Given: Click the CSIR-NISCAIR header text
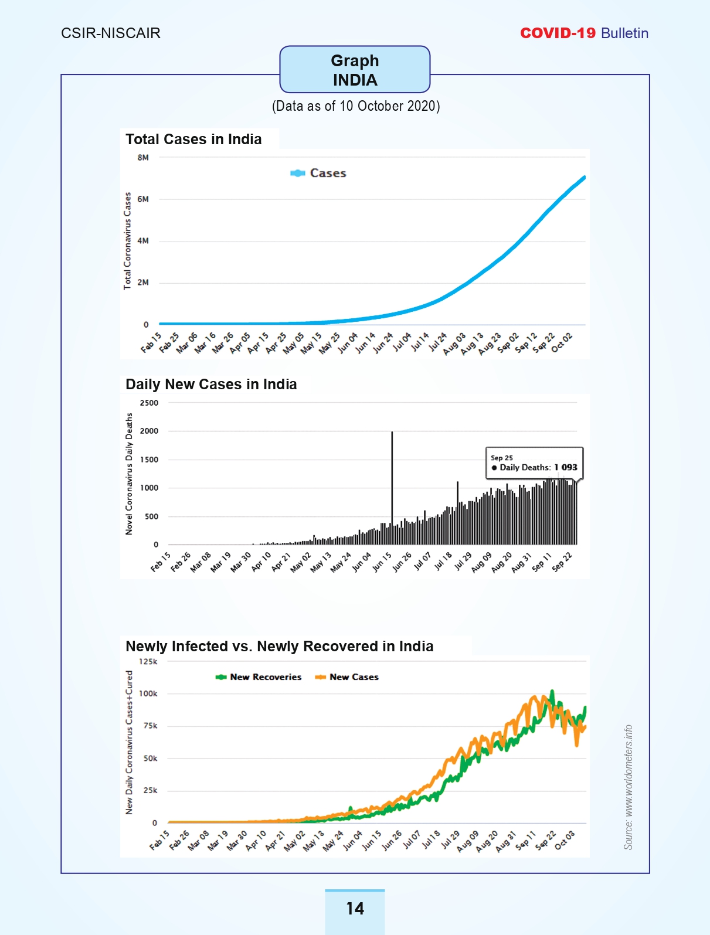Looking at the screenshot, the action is [111, 33].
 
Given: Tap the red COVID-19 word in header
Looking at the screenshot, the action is [558, 33].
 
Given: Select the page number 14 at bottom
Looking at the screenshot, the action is [355, 908].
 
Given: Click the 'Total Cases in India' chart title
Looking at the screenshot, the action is [193, 140].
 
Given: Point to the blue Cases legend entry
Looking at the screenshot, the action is [318, 173].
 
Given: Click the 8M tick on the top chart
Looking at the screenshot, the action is [143, 158].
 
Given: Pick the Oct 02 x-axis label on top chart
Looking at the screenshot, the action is [562, 343].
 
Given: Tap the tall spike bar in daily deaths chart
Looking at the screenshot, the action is [392, 488].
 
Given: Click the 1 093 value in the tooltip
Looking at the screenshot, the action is [566, 467].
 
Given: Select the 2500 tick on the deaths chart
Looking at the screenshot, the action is [149, 403].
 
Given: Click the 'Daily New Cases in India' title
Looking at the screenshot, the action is [211, 384].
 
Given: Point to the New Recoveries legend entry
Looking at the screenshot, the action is [259, 677].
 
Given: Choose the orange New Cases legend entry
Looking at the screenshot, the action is [346, 677].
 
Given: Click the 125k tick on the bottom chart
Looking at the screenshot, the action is [148, 661].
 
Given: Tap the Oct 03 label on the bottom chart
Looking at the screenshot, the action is [565, 840].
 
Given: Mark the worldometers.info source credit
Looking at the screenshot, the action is [629, 787].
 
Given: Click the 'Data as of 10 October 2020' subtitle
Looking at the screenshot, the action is [356, 106].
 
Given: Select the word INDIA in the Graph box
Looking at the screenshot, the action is [355, 80].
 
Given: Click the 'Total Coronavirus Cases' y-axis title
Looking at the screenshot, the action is [127, 241].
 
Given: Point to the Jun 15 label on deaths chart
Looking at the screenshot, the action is [382, 562].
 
